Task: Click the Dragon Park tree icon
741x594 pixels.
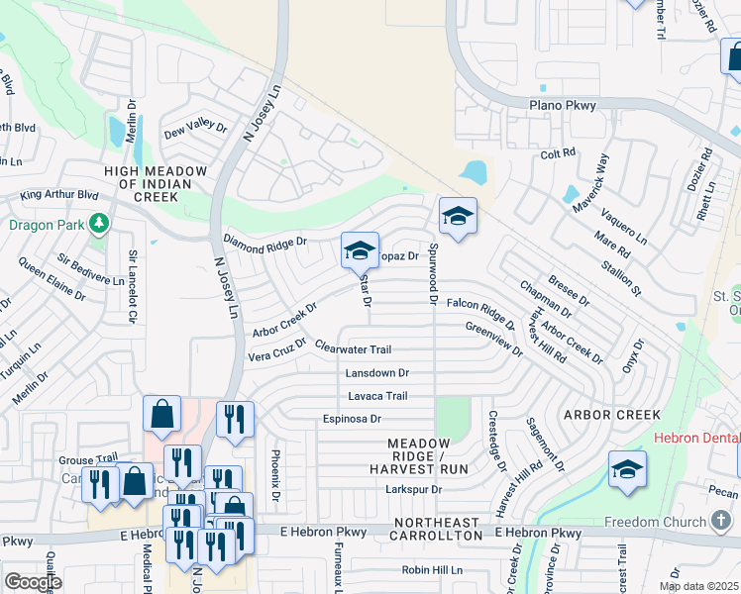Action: [98, 224]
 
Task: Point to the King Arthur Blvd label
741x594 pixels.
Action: [59, 196]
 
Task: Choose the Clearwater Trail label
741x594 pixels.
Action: [354, 349]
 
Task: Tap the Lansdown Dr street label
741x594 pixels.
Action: [376, 373]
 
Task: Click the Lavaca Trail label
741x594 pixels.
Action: [377, 396]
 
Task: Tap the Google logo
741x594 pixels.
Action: [33, 582]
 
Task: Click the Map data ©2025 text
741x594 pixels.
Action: [697, 587]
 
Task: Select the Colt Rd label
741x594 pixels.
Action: [558, 153]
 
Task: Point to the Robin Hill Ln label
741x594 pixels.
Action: [432, 570]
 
